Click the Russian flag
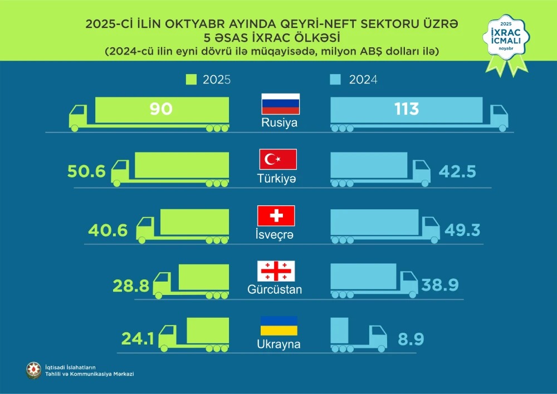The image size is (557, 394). pos(281,104)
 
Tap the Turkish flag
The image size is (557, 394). pos(278,160)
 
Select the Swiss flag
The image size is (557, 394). pos(276,215)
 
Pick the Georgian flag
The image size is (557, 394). pos(275,271)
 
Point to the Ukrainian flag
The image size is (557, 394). pos(278,326)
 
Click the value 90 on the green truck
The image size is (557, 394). pos(161,109)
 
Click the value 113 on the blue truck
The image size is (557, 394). pos(406,109)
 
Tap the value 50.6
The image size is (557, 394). pos(86,171)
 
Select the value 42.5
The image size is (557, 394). pos(457,171)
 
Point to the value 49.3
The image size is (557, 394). pos(463,228)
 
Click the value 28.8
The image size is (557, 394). pos(131,285)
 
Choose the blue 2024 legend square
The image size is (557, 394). pos(335,80)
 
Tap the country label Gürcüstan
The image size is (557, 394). pos(275,290)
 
